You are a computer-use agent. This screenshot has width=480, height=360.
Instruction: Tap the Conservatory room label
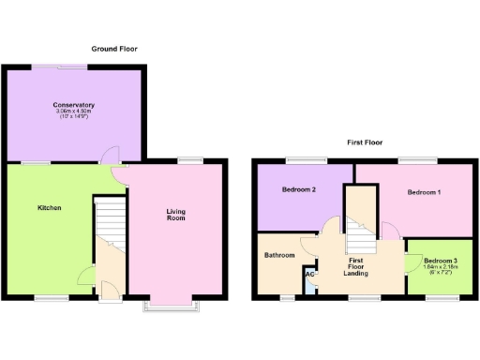tap(73, 105)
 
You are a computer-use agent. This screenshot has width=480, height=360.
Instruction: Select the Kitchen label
tap(50, 207)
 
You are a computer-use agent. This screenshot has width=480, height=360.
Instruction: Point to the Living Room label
tap(175, 215)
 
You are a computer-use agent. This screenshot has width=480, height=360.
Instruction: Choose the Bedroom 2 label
tap(299, 190)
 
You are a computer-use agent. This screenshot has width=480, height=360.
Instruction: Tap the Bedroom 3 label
tap(440, 260)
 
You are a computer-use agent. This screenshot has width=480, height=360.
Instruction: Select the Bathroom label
tap(279, 255)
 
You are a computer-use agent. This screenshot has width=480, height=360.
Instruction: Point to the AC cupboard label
tap(308, 275)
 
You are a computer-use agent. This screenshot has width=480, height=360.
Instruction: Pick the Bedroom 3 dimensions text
tap(440, 269)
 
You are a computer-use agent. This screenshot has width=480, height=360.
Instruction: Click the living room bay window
tap(169, 307)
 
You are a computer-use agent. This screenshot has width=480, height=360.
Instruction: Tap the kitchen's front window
tap(51, 299)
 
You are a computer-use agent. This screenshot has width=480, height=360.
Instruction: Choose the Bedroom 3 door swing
tap(412, 262)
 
